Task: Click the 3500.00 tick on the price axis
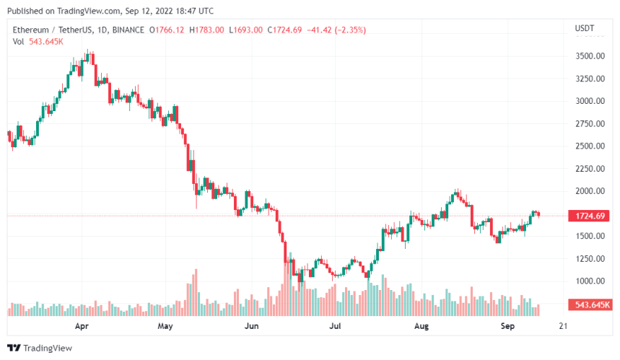coord(589,56)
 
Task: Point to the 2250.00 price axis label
coord(589,169)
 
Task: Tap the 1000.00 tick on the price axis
coord(589,281)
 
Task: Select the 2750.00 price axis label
coord(589,123)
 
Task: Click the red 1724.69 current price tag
coord(589,216)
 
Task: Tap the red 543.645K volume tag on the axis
coord(589,306)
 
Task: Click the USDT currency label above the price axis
coord(584,29)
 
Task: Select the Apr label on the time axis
coord(82,326)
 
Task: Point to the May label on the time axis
coord(166,326)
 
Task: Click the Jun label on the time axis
coord(251,326)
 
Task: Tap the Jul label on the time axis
coord(335,326)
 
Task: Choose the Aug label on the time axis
coord(422,326)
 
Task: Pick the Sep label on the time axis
coord(509,326)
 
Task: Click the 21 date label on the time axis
coord(563,326)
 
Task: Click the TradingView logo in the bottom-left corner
coord(41,347)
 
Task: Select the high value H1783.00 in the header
coord(207,30)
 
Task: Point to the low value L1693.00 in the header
coord(246,30)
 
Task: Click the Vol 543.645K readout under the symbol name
coord(38,41)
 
